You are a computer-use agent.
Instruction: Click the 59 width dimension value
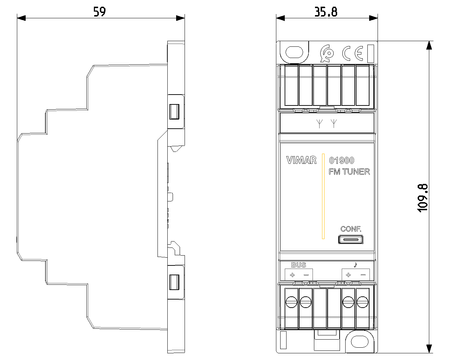pos(99,12)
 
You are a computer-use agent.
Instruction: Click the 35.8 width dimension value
pos(326,12)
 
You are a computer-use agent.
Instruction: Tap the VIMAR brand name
pos(301,160)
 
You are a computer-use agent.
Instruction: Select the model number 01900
pos(341,160)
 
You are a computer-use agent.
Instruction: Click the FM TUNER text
pos(349,172)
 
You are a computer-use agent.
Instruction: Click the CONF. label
pos(351,229)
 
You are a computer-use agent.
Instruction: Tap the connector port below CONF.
pos(351,239)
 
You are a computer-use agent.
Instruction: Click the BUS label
pos(298,265)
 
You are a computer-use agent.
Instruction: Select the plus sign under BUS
pos(292,275)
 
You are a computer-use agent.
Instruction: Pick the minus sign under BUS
pos(306,275)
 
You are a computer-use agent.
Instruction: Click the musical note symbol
pos(355,265)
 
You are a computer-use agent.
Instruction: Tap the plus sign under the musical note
pos(348,275)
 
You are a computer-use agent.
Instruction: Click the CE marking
pos(353,53)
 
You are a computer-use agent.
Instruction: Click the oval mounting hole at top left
pos(294,52)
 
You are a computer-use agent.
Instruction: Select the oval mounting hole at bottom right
pos(360,342)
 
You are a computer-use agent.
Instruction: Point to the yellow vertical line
pos(323,196)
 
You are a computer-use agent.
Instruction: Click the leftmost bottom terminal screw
pos(291,302)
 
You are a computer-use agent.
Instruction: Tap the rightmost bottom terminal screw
pos(362,302)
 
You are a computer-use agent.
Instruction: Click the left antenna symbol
pos(319,124)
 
